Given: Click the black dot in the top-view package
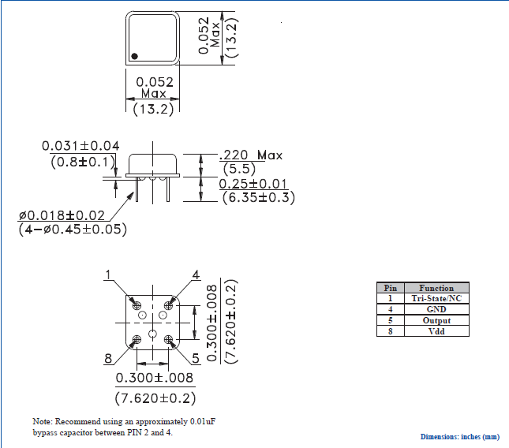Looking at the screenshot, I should tap(135, 55).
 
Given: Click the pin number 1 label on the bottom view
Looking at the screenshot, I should tap(108, 274).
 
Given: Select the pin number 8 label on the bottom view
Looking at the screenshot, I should tap(108, 359).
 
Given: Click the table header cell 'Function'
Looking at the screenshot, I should tap(436, 288).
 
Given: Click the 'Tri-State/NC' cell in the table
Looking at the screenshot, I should tap(436, 299).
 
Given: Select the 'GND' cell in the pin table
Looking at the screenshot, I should tap(436, 310).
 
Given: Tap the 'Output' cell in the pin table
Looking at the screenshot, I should tap(436, 321).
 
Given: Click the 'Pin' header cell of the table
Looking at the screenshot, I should tap(390, 288).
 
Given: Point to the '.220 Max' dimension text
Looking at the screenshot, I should tap(250, 155).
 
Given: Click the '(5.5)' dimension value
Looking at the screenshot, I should tap(238, 169).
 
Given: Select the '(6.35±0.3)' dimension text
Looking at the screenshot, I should tap(258, 197).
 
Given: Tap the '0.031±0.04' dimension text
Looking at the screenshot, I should tap(80, 146).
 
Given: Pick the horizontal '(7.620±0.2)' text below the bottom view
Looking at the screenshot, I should tap(155, 398).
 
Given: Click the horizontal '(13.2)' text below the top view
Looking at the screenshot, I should tap(152, 109).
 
